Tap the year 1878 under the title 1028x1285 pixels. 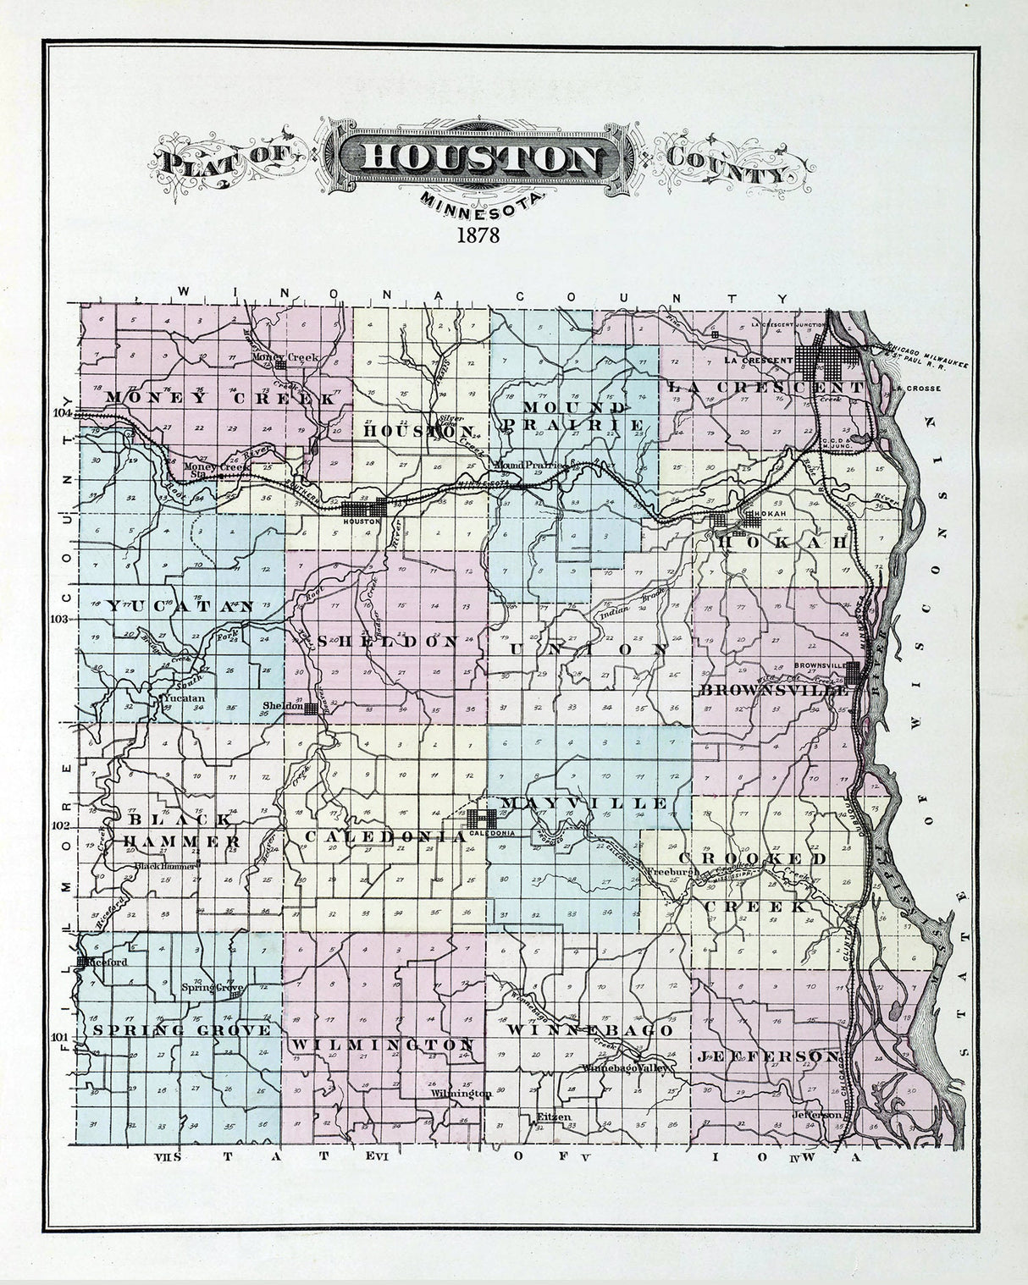(478, 235)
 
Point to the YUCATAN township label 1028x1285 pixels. (180, 606)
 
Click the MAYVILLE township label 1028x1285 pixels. (583, 802)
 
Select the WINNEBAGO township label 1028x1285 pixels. (589, 1031)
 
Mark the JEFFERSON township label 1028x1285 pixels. (769, 1056)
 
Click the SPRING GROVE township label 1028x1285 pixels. (182, 1030)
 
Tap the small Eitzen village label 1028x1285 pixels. (554, 1117)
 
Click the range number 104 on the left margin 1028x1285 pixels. (62, 413)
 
